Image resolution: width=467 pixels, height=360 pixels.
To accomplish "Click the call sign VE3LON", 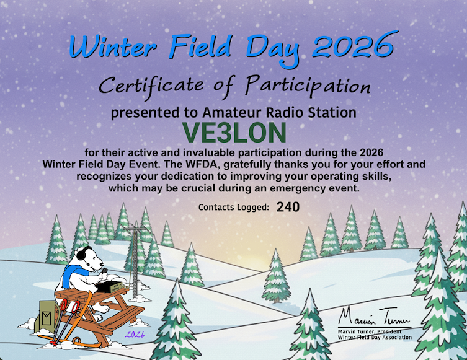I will coord(234,132).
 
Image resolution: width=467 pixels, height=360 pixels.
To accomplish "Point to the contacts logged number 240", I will coord(288,207).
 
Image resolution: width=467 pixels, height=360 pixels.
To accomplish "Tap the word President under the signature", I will coord(396,331).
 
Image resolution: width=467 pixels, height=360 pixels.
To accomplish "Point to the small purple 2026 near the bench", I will coord(135,335).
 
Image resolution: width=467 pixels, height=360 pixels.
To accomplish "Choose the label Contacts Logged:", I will coord(233,208).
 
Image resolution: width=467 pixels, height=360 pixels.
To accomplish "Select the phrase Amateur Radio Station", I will coord(280,113).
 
